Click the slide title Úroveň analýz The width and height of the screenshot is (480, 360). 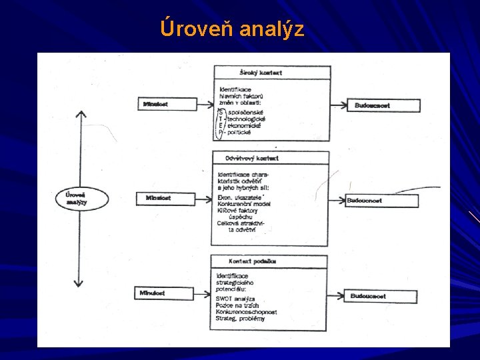point(232,29)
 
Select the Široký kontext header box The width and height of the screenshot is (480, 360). point(272,72)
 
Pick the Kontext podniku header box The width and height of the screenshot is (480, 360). point(269,261)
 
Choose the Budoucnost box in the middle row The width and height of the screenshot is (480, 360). point(373,200)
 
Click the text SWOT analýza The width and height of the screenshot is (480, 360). point(235,299)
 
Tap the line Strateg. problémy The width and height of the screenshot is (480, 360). point(240,319)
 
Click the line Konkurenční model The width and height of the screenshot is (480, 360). point(244,203)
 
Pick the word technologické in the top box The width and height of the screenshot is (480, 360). point(246,119)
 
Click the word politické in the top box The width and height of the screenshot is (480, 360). point(239,133)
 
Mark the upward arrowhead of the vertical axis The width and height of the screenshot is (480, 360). point(80,113)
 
